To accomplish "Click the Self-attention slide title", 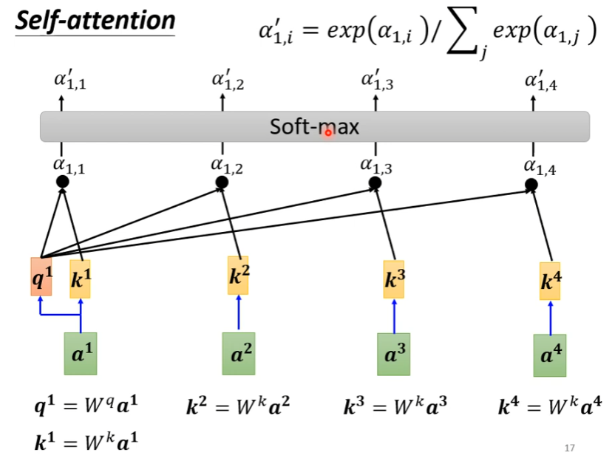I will pos(95,20).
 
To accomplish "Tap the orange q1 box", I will pos(41,277).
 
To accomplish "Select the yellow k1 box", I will pos(80,279).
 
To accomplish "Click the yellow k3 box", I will pos(393,279).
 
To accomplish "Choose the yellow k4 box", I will pos(550,281).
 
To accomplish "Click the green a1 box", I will pos(80,353).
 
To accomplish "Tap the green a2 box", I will pos(239,353).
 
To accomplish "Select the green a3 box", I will pos(393,354).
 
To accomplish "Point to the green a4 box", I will pos(550,355).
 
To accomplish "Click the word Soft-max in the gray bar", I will pos(314,127).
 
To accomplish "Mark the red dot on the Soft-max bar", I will pos(328,133).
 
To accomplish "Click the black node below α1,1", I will pos(62,182).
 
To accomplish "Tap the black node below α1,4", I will pos(531,184).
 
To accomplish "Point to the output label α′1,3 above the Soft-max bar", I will pos(376,80).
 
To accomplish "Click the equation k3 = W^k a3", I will pos(395,407).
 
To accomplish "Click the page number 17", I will pos(569,448).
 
